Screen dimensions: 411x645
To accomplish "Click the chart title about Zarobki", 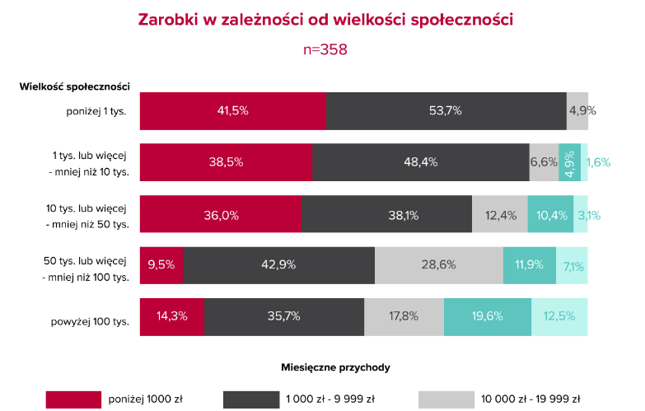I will tap(325, 19).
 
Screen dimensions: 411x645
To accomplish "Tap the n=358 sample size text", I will tap(325, 49).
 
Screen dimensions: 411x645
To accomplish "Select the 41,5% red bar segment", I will tap(232, 111).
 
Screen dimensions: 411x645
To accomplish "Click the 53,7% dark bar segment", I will tap(446, 111).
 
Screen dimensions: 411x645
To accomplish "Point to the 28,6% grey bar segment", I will tap(439, 265).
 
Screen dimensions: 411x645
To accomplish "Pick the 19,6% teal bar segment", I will tap(487, 316).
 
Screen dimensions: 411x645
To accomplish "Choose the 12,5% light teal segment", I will tap(559, 316).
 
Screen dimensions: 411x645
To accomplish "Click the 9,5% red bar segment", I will tap(161, 265).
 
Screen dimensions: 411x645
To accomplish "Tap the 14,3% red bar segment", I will tap(172, 316).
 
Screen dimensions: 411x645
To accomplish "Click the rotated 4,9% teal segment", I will tap(569, 162).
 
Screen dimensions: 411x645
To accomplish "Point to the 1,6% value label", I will tap(598, 162).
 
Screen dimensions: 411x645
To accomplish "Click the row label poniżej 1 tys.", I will tap(96, 111).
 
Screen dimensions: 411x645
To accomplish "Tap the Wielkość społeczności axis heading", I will tap(75, 86).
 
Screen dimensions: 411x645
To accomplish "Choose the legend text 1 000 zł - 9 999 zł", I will tap(330, 399).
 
